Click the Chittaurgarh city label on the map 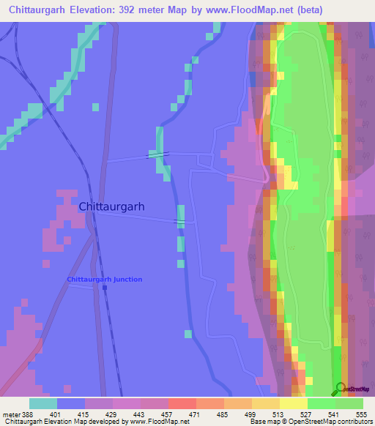[111, 206]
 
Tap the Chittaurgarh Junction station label [105, 280]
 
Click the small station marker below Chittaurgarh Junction [105, 288]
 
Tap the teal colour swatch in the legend [43, 403]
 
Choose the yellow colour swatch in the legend [294, 403]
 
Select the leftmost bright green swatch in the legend [322, 403]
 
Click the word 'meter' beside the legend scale [10, 414]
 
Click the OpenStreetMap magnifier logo [340, 389]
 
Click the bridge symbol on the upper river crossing [158, 154]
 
